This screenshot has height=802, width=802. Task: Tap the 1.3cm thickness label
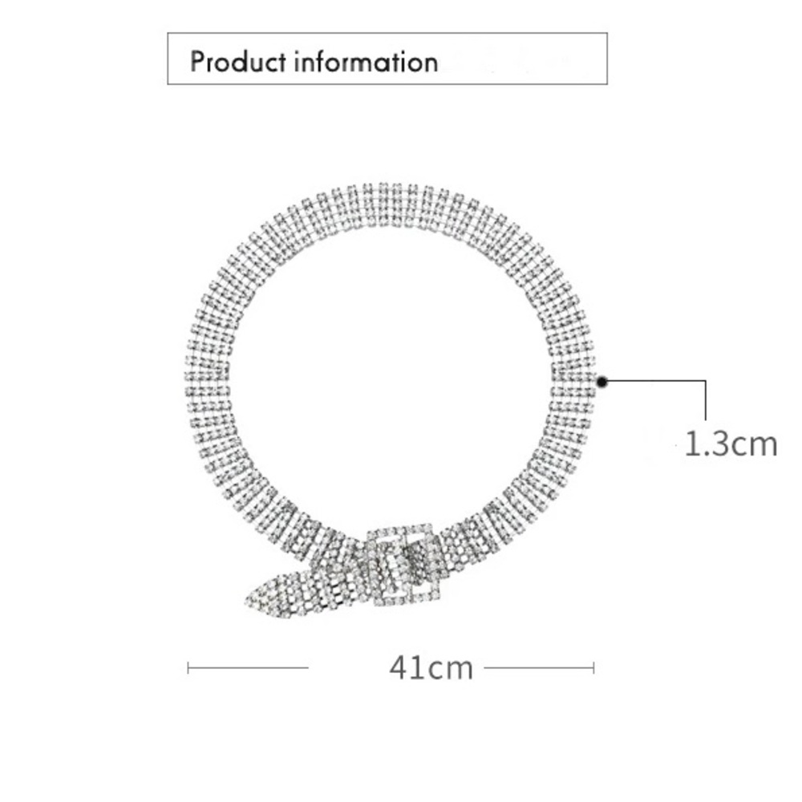(x=731, y=444)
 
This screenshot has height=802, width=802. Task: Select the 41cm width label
(x=431, y=667)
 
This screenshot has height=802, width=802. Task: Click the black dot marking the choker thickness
(x=602, y=382)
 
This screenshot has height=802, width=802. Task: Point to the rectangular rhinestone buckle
(x=404, y=565)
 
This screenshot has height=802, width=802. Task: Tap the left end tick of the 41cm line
(x=188, y=667)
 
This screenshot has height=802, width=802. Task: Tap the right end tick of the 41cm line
(x=593, y=667)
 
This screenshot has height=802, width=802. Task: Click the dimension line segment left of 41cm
(x=248, y=667)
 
